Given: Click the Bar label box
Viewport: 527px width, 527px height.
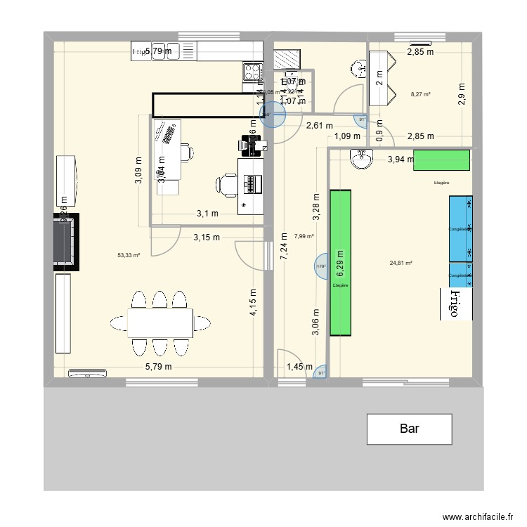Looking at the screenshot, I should click(x=409, y=429).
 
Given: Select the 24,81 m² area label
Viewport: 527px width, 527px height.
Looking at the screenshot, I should click(x=401, y=263).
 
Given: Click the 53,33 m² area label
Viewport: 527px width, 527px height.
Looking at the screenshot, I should click(x=129, y=256).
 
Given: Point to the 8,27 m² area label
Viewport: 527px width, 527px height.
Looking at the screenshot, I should click(x=420, y=94).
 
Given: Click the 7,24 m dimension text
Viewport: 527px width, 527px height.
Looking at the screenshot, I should click(x=283, y=247).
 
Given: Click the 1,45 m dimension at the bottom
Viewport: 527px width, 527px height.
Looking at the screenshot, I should click(x=299, y=367).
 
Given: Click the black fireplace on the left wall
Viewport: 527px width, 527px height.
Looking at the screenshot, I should click(x=66, y=242).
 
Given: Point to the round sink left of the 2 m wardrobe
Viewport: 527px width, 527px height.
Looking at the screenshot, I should click(x=358, y=68).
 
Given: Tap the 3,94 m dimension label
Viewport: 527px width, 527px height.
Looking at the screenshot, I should click(x=401, y=160).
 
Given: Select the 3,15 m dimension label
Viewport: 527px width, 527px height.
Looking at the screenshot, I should click(x=206, y=238).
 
